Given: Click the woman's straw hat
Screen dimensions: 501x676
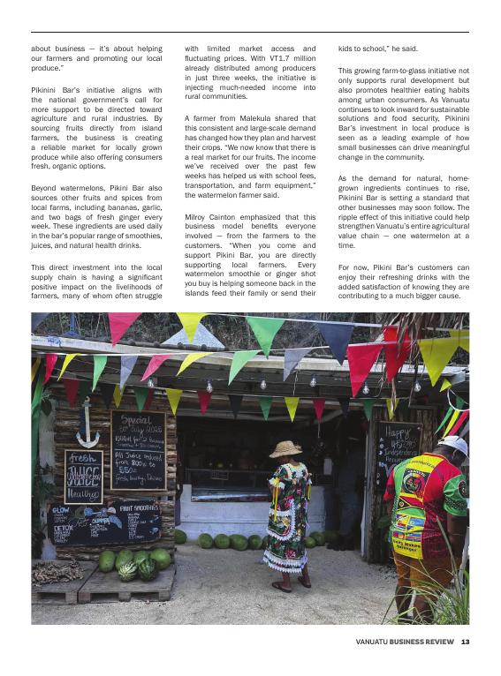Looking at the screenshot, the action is coord(285,448).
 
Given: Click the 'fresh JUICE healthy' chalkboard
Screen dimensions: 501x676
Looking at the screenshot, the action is coord(83,477).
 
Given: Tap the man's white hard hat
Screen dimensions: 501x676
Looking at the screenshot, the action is coord(454,444).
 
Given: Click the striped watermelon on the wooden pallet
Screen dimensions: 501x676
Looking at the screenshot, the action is coord(127,568).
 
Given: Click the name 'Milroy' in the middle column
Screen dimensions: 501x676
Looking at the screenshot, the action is coord(197,216).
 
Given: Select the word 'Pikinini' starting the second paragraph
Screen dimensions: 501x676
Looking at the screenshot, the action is coord(47,90).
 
